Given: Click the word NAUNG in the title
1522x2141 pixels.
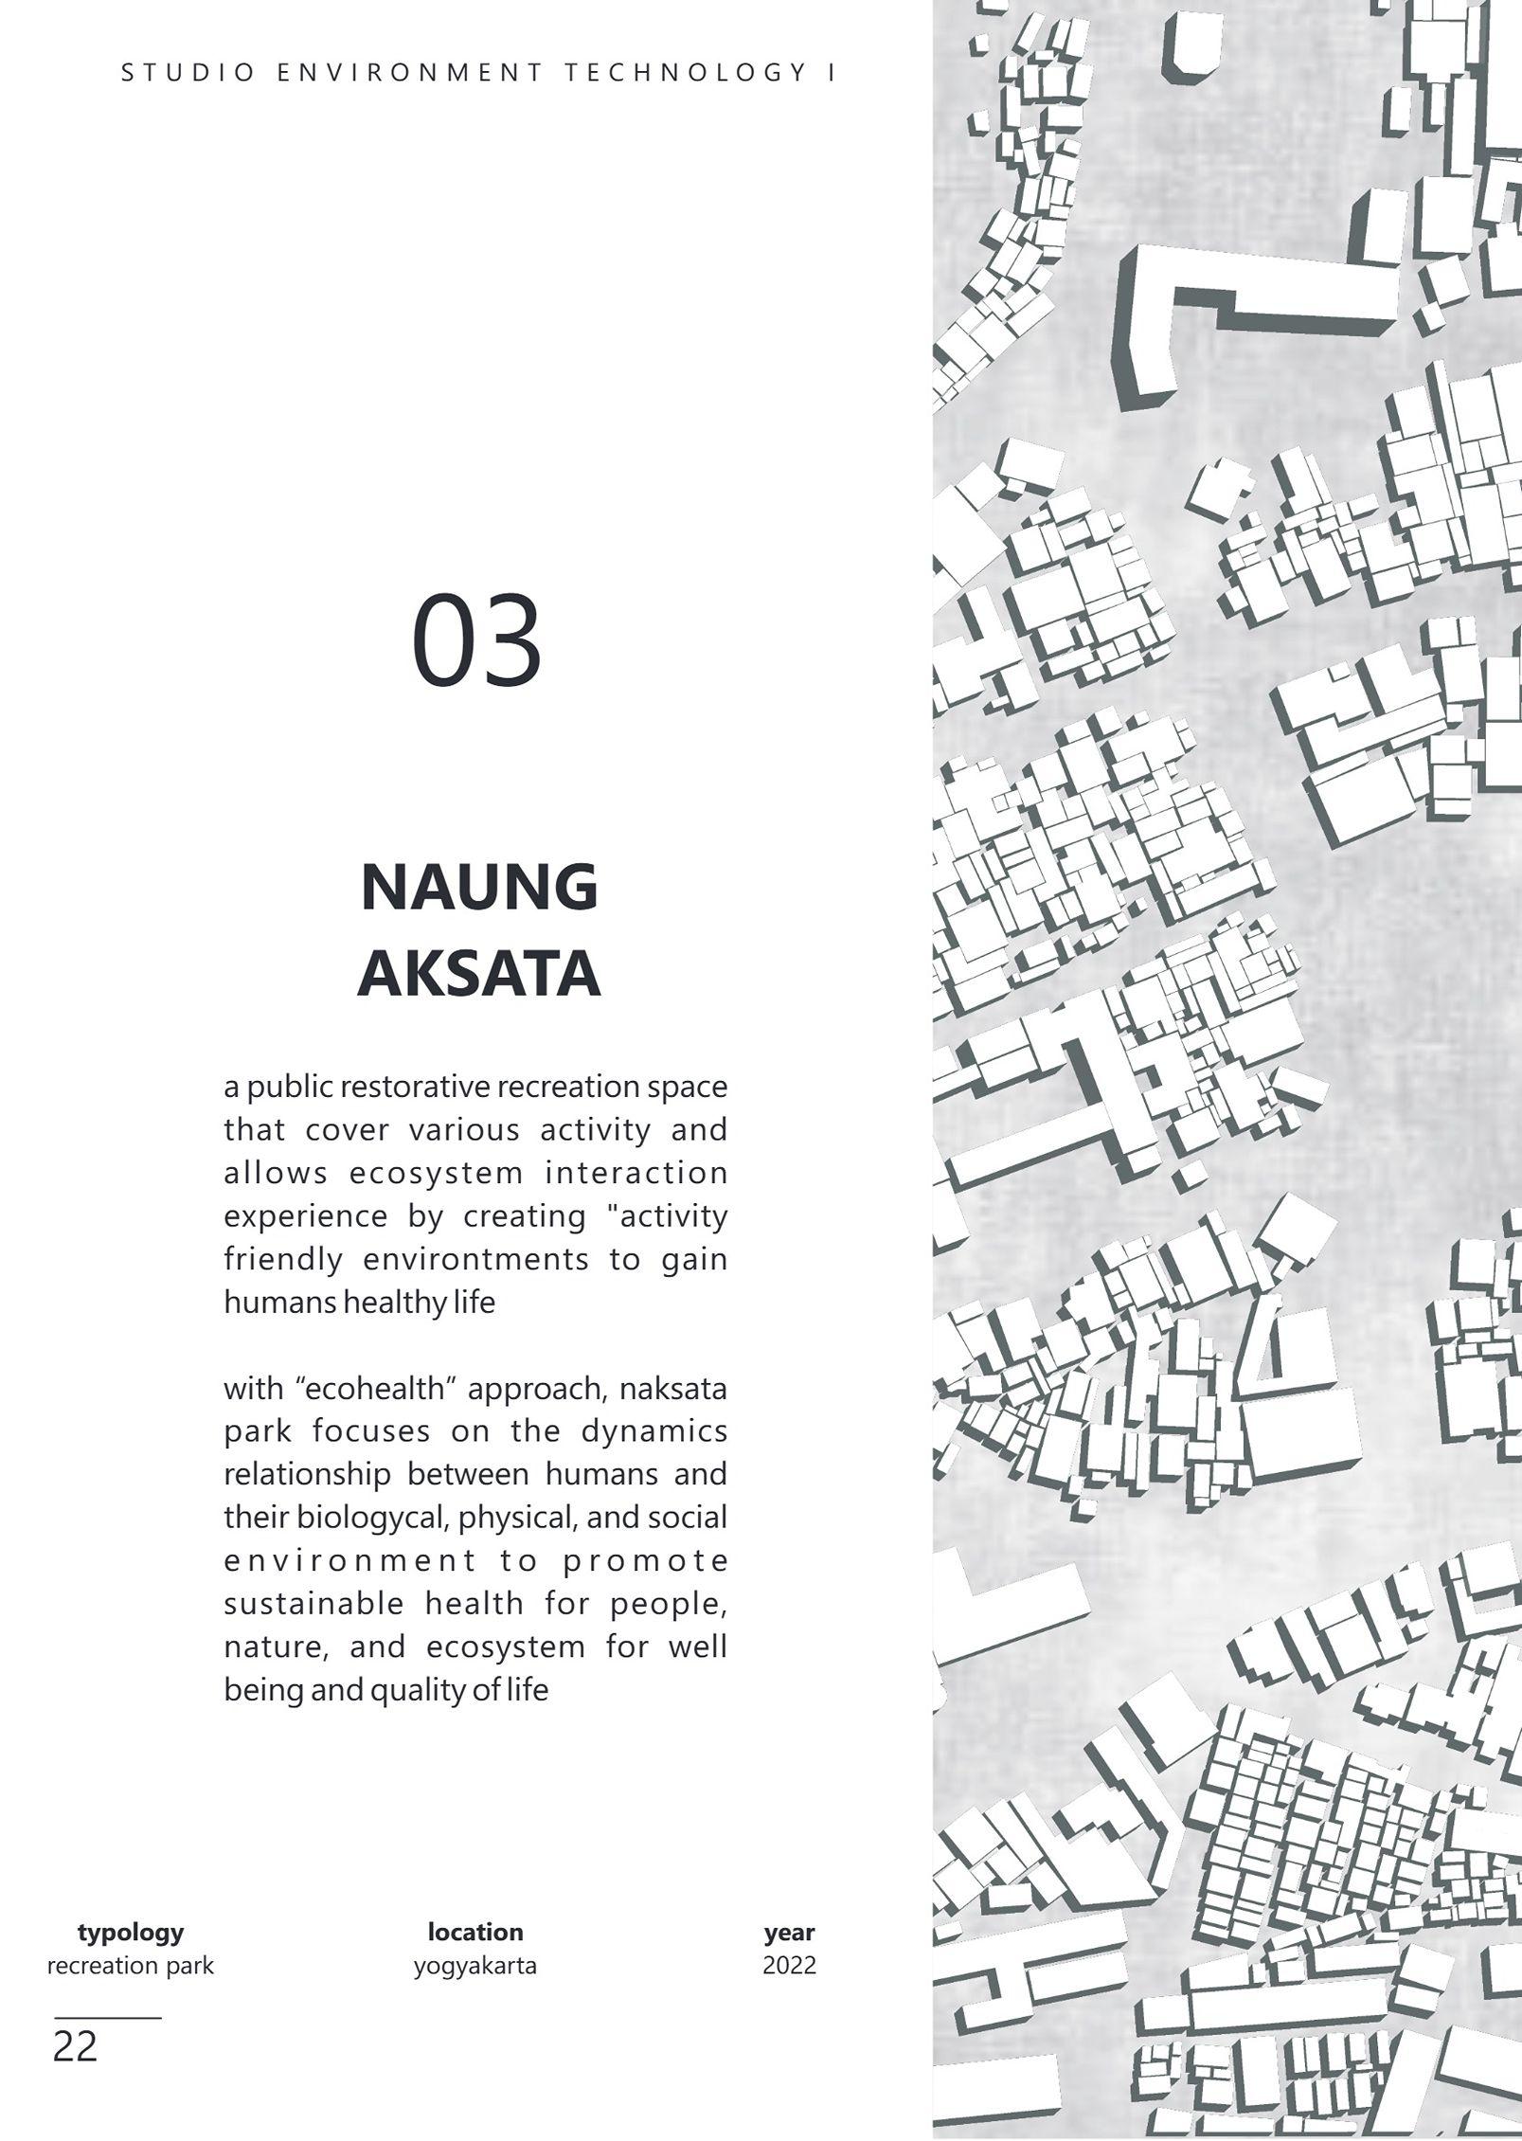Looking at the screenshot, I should coord(479,888).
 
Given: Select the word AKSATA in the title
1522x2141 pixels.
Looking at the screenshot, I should coord(479,974).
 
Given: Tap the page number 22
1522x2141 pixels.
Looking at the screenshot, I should coord(75,2046).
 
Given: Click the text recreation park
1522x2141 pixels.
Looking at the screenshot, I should coord(131,1965).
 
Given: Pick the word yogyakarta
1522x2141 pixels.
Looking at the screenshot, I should coord(475,1966).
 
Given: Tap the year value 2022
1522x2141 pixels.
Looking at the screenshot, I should coord(789,1965).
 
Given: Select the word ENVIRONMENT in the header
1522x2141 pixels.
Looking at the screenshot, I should coord(410,73).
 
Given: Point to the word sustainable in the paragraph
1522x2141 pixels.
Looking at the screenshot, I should coord(316,1604).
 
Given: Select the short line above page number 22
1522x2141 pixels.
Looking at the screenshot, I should coord(107,2018).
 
